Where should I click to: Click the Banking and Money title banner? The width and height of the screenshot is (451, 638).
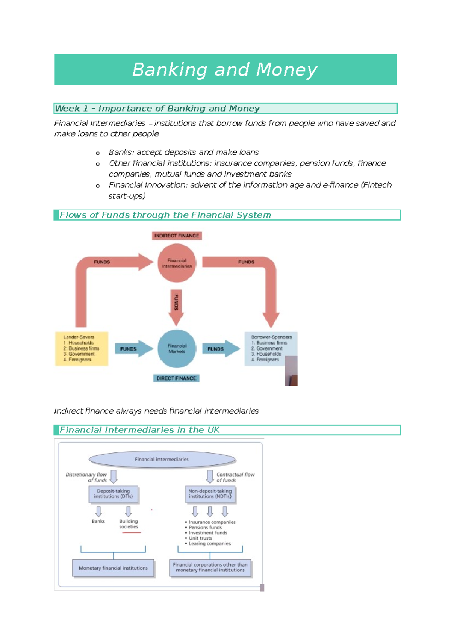[225, 70]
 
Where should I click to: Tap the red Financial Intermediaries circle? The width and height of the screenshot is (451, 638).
[177, 263]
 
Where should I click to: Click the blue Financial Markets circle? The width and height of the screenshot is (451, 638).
[177, 349]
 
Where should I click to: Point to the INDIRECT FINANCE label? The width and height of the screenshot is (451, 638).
[177, 236]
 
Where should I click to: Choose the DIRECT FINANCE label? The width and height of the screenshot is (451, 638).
[176, 378]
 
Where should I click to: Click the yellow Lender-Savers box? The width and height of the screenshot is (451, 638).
[82, 349]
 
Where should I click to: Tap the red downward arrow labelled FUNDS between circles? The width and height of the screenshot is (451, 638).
[176, 306]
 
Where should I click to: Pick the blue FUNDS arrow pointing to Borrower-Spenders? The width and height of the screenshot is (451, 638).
[220, 349]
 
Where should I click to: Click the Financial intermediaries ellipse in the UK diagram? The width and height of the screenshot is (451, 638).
[162, 459]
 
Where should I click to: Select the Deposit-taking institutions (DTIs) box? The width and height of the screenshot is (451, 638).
[114, 494]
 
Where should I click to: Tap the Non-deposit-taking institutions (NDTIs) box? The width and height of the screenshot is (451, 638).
[210, 494]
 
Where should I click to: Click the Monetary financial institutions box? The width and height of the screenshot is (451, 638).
[113, 568]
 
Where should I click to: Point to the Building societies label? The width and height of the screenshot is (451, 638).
[129, 524]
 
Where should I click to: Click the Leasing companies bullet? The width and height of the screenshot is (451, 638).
[210, 543]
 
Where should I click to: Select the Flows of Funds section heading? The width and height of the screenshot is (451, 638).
[165, 215]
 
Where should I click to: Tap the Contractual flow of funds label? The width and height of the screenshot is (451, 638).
[235, 477]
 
